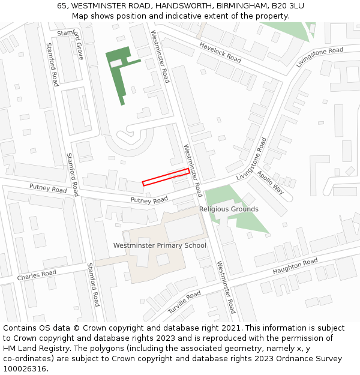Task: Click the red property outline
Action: pos(166,177)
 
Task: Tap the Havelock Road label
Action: pos(220,52)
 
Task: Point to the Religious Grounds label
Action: pos(229,209)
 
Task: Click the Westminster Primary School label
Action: pos(160,245)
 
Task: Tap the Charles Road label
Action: pos(37,275)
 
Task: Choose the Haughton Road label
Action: pos(295,267)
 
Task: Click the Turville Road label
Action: pos(184,302)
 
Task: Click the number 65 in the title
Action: pos(62,6)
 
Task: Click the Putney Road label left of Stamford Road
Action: pos(48,188)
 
